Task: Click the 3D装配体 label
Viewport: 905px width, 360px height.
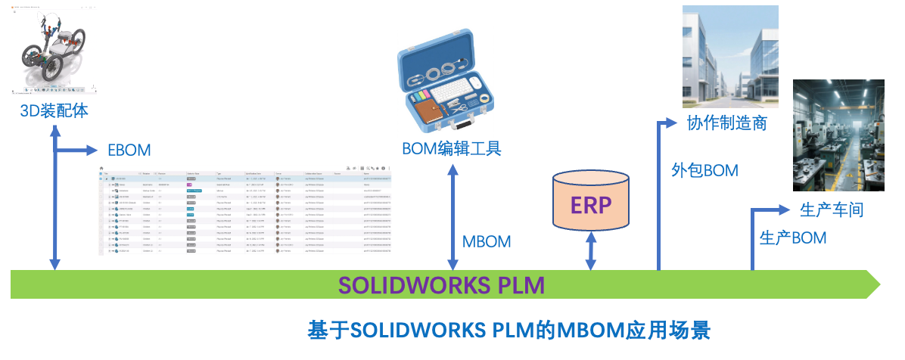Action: [54, 110]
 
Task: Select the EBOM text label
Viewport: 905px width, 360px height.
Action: [129, 150]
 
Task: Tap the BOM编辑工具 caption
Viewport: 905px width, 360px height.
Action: [451, 147]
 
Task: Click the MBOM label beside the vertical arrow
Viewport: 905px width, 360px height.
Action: [486, 242]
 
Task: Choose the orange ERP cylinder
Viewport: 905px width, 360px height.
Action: [590, 201]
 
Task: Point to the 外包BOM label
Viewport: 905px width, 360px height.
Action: [704, 170]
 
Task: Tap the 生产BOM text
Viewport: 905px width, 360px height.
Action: [792, 237]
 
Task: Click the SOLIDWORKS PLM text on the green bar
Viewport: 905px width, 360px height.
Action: [441, 285]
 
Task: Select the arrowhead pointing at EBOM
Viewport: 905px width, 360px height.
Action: [94, 150]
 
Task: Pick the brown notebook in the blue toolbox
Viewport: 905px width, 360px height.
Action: [434, 113]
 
